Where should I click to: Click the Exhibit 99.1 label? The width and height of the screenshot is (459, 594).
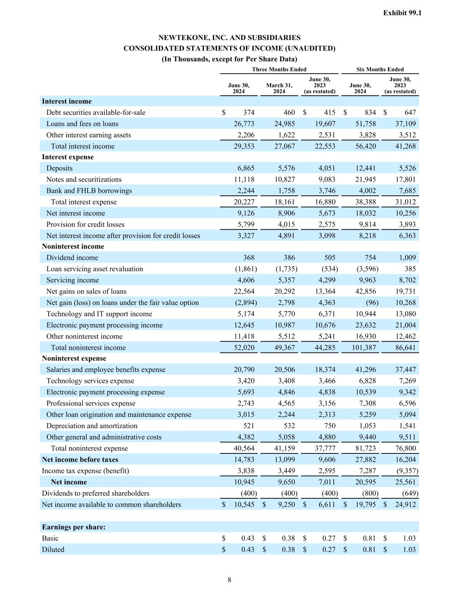[x=402, y=13]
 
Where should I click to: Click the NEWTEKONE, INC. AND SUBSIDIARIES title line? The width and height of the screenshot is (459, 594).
[x=229, y=38]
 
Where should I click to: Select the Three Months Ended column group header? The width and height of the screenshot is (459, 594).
[x=279, y=69]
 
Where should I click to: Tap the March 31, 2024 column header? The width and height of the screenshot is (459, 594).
[x=279, y=88]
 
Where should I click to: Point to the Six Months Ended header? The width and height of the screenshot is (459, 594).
[x=380, y=69]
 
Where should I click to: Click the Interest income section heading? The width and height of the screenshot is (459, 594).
[x=67, y=101]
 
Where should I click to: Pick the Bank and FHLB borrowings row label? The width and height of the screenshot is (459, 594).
[x=89, y=191]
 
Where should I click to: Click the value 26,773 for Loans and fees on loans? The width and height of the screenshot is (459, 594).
[x=244, y=124]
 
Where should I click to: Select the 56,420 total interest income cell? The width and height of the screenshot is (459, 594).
[x=365, y=146]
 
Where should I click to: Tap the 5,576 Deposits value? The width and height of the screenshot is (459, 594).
[x=286, y=168]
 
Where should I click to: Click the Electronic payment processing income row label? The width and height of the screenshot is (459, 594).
[x=104, y=325]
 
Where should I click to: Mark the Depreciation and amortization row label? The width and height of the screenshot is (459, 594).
[x=92, y=426]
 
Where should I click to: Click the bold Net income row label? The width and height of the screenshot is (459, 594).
[x=69, y=482]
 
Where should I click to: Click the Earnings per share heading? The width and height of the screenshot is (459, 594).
[x=74, y=527]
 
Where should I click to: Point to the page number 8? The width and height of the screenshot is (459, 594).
[x=229, y=580]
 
